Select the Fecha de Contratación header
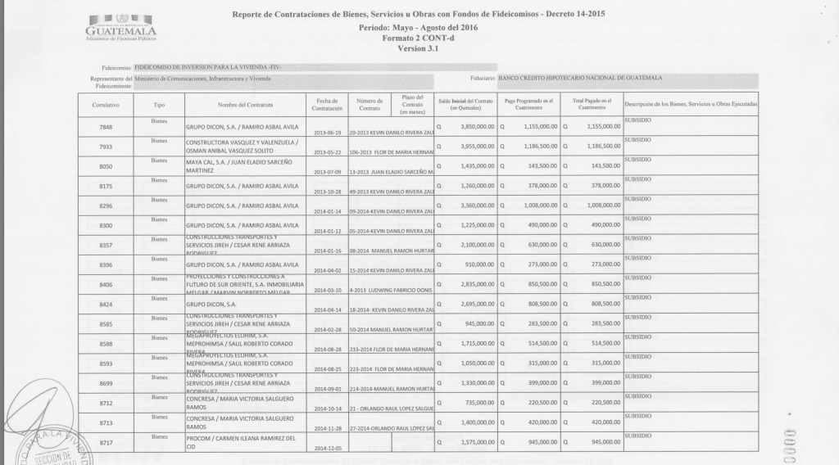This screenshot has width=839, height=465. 327,105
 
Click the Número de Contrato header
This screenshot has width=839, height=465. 370,105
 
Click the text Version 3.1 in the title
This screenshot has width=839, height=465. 419,48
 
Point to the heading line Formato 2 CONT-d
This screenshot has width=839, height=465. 419,38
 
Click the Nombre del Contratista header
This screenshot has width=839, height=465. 245,106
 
